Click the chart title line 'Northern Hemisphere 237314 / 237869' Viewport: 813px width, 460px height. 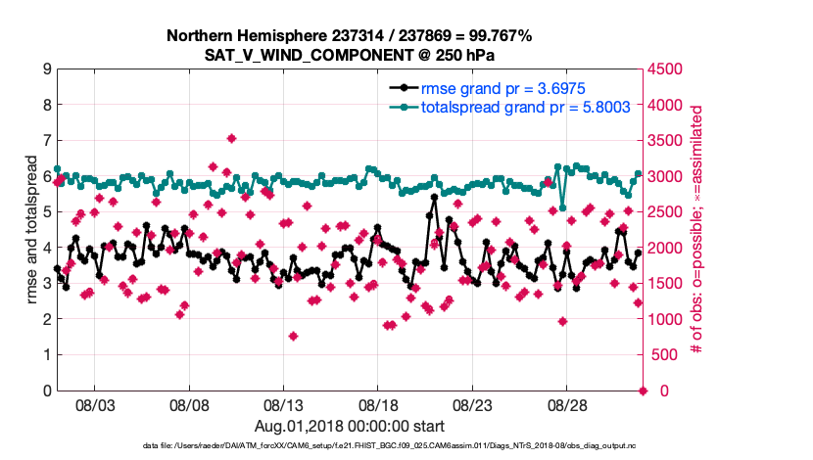tap(349, 36)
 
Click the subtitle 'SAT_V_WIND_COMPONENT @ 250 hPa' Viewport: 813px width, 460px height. tap(349, 55)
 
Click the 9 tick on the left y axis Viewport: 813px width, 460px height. tap(47, 69)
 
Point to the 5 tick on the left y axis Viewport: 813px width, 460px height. tap(47, 212)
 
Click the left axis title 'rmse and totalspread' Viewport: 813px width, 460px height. tap(31, 230)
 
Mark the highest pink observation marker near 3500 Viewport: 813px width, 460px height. tap(231, 139)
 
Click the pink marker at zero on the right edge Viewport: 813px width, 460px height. tap(643, 391)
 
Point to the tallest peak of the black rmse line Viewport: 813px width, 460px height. tap(433, 198)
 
